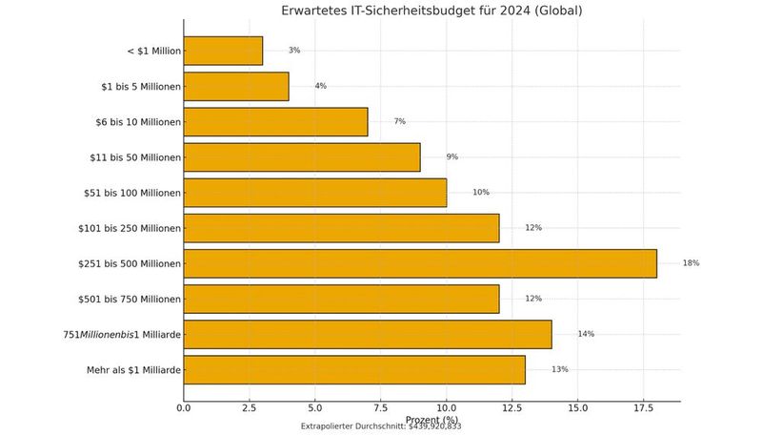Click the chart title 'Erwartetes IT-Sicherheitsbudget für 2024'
(431, 11)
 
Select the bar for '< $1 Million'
(223, 51)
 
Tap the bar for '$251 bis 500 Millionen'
(420, 263)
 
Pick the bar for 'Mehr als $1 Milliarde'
(354, 369)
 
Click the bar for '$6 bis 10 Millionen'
(275, 121)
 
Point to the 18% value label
(691, 263)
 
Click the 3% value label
(294, 51)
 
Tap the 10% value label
(481, 192)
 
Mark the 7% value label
(399, 121)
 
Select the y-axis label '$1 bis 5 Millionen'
(140, 86)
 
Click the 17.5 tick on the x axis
(643, 408)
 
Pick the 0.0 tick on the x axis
(184, 408)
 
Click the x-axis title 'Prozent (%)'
(431, 419)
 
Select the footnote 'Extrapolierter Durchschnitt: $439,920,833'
(381, 427)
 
